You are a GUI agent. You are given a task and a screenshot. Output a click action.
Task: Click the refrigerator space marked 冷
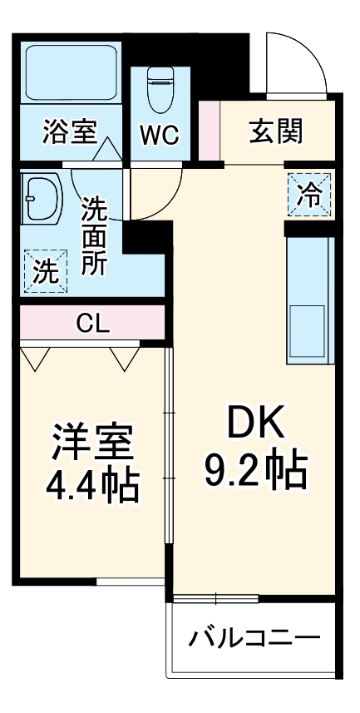click(309, 197)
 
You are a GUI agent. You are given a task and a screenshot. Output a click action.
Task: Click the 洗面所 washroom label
click(93, 238)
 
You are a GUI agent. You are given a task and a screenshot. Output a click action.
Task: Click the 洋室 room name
click(92, 443)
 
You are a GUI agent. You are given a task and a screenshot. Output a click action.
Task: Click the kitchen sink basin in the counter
click(308, 333)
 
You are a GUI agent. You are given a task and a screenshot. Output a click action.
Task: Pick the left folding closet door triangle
click(36, 359)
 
